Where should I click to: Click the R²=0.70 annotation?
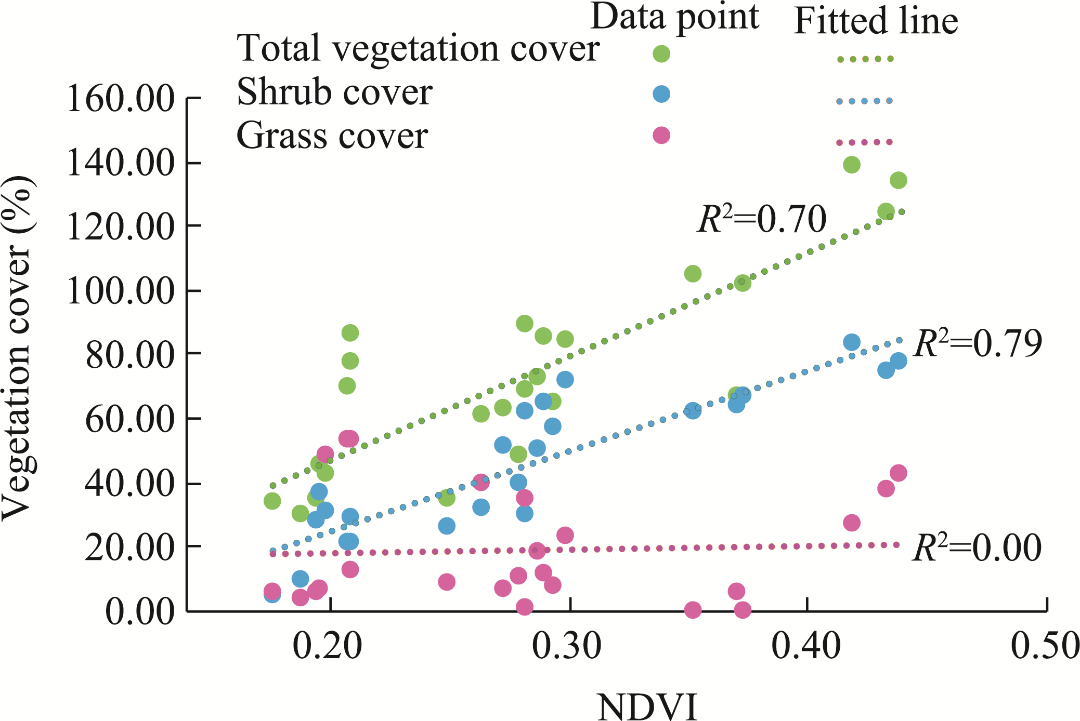point(762,219)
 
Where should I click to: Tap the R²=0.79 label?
point(978,343)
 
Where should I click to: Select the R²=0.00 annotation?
point(977,548)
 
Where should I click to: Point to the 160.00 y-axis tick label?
point(121,98)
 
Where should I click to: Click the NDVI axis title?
point(647,706)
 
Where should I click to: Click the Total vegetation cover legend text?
point(418,48)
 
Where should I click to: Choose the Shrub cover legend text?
point(334,92)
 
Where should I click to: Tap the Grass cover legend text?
point(332,136)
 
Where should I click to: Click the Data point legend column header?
point(674,17)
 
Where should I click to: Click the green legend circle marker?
point(661,54)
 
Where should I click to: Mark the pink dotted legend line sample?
point(864,142)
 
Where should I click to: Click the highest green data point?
point(851,165)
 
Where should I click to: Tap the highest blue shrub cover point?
point(851,342)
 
